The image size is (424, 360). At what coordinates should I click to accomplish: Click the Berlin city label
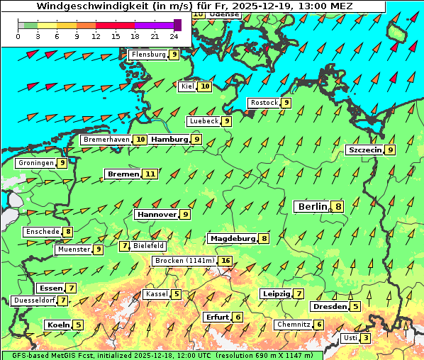[x=312, y=207]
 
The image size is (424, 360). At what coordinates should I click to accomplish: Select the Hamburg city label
[x=169, y=140]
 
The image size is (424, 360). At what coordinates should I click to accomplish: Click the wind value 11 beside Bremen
[x=150, y=174]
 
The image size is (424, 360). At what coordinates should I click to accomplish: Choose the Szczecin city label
[x=364, y=150]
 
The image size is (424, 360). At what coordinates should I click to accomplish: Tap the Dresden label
[x=330, y=307]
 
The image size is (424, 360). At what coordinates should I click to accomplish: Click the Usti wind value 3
[x=365, y=338]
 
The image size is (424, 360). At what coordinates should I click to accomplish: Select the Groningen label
[x=36, y=163]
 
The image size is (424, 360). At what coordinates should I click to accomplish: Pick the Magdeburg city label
[x=232, y=239]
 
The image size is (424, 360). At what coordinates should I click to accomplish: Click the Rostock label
[x=264, y=103]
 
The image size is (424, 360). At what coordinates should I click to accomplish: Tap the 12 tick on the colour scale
[x=96, y=35]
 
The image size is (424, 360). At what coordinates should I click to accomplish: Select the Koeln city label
[x=57, y=325]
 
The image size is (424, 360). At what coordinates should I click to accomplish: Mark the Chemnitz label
[x=294, y=325]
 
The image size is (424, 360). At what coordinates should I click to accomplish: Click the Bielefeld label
[x=149, y=246]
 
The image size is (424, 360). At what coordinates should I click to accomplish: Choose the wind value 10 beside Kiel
[x=205, y=86]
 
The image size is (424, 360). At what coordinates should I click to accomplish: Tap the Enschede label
[x=42, y=232]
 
